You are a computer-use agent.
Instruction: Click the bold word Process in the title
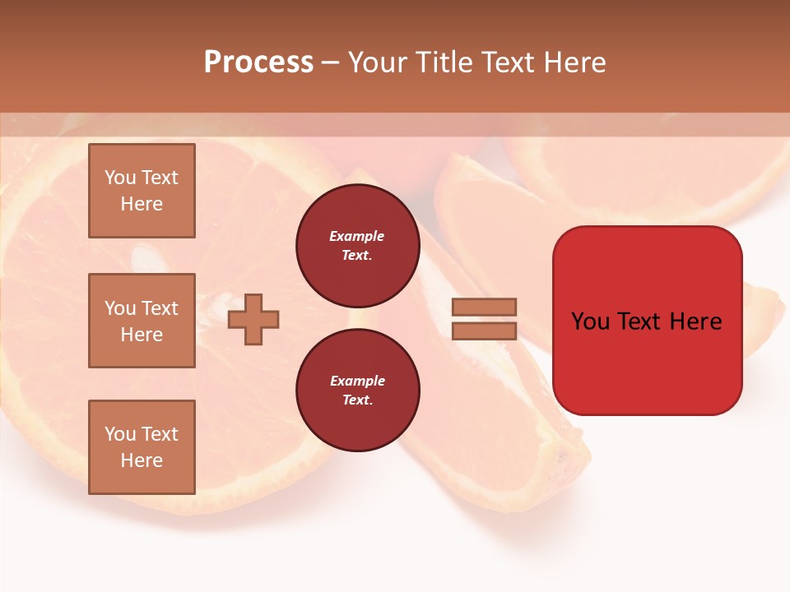[x=258, y=62]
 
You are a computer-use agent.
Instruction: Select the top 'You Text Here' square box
[x=142, y=191]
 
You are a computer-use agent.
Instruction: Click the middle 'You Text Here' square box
[x=142, y=321]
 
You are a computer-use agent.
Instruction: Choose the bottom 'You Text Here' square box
[x=142, y=446]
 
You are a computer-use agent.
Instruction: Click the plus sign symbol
[x=253, y=319]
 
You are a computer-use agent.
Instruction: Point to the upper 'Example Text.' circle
[x=357, y=246]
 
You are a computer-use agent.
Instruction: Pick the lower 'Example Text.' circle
[x=357, y=390]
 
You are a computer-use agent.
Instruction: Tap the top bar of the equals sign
[x=484, y=307]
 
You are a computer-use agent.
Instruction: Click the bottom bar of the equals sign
[x=484, y=331]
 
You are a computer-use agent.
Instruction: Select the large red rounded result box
[x=647, y=362]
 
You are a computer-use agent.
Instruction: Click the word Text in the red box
[x=647, y=321]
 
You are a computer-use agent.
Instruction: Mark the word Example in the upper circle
[x=356, y=237]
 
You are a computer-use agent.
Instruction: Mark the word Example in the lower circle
[x=357, y=381]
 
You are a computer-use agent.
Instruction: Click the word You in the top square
[x=120, y=178]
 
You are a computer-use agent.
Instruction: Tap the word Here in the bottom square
[x=142, y=460]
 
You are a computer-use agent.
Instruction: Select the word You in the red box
[x=590, y=321]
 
